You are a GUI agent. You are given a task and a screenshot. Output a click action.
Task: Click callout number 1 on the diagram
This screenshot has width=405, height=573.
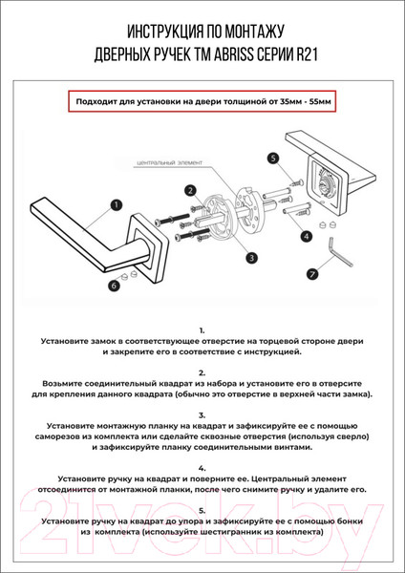[x=116, y=204]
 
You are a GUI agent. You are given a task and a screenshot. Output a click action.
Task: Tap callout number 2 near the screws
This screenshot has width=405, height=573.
[x=191, y=190]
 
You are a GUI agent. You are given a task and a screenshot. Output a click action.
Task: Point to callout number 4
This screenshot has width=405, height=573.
[x=306, y=235]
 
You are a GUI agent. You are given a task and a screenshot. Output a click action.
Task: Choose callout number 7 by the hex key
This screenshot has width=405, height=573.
[x=311, y=273]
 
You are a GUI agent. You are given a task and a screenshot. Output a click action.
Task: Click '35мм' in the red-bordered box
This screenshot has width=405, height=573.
[x=285, y=99]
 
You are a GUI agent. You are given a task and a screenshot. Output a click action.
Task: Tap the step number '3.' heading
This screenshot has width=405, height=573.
[x=202, y=415]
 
